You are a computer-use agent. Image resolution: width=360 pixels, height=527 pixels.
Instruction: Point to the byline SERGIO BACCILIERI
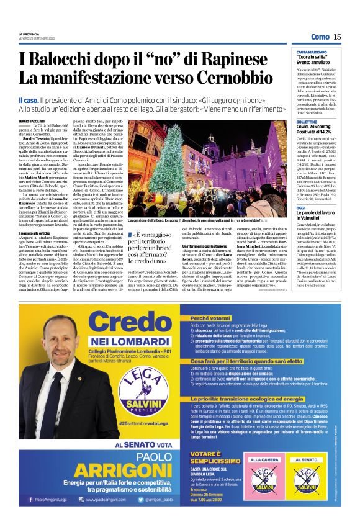[32, 120]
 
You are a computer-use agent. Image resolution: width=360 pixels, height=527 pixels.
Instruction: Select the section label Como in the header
[320, 37]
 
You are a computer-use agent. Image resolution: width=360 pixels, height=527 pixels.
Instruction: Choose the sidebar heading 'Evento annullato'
[314, 62]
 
